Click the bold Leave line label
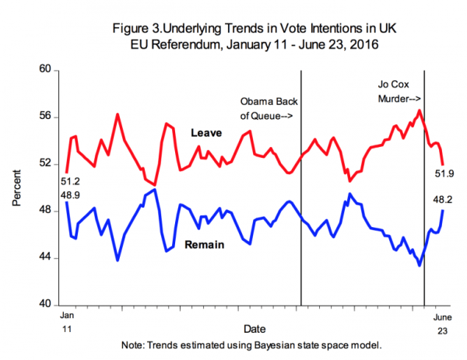click(206, 134)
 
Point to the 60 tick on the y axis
click(45, 70)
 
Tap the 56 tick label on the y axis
click(45, 117)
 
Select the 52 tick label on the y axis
click(45, 164)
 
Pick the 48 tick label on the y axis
click(45, 211)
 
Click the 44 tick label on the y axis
click(45, 257)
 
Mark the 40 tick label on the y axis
click(45, 304)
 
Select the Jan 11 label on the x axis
click(66, 320)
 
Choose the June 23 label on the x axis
click(441, 321)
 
